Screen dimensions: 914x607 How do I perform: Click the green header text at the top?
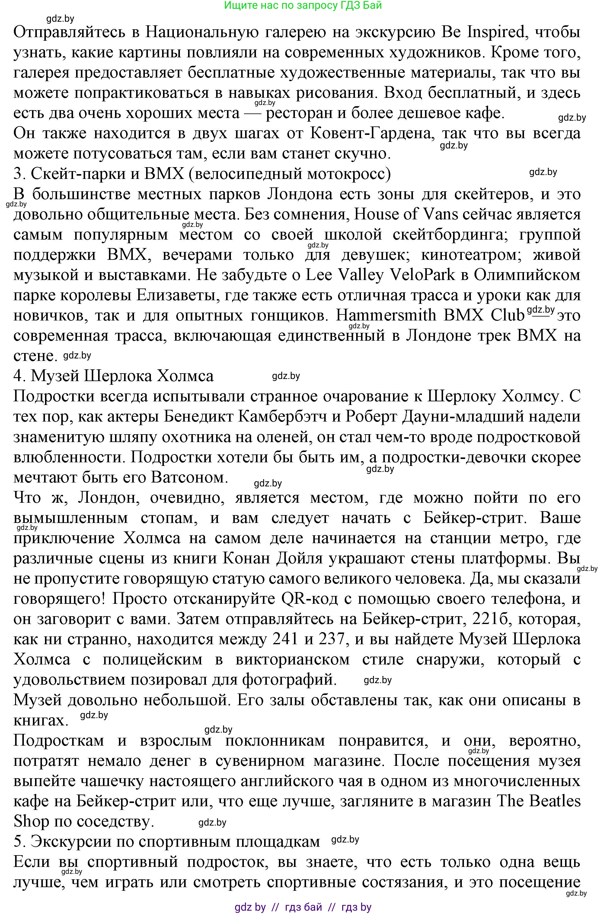pyautogui.click(x=303, y=5)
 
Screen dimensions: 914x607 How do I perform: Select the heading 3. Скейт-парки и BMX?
pyautogui.click(x=202, y=174)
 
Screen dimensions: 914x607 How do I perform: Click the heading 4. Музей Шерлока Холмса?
pyautogui.click(x=113, y=376)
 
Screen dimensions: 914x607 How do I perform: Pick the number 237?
pyautogui.click(x=331, y=639)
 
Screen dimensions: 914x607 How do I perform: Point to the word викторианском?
pyautogui.click(x=292, y=659)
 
